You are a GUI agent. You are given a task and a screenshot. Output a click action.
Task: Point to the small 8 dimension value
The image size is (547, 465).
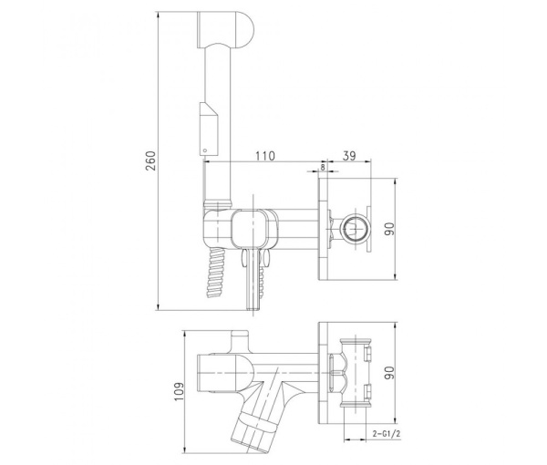pyautogui.click(x=322, y=168)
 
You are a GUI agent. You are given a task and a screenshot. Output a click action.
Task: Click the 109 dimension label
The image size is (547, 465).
pyautogui.click(x=177, y=391)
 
